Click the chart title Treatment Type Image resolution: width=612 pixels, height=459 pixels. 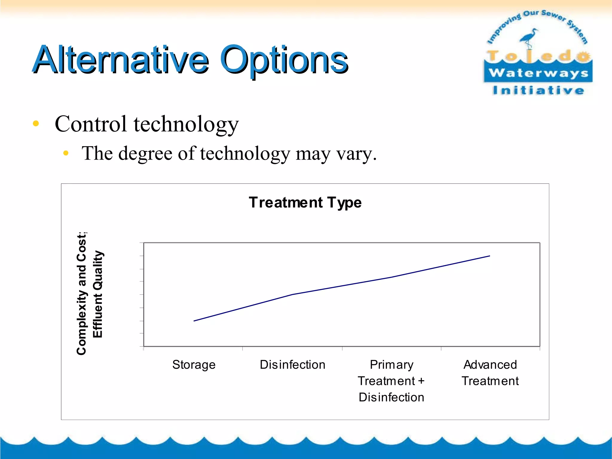(x=305, y=203)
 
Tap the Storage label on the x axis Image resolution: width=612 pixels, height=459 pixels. (x=194, y=365)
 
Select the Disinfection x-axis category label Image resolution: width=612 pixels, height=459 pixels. (x=292, y=365)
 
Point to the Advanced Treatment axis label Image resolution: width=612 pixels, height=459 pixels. (x=490, y=373)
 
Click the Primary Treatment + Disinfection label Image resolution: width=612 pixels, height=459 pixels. (x=391, y=381)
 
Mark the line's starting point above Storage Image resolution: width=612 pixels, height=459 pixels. (x=194, y=321)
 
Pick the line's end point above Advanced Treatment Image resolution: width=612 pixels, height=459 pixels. (x=489, y=256)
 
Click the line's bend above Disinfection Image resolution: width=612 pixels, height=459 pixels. (x=292, y=294)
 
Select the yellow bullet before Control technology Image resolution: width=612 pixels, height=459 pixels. (x=36, y=123)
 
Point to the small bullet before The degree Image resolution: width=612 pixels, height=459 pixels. (x=66, y=153)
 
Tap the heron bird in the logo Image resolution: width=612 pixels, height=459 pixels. (x=529, y=37)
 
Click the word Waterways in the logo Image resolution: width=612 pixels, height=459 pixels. (x=538, y=73)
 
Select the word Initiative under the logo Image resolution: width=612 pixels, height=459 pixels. (x=538, y=90)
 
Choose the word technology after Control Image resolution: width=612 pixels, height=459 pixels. (x=186, y=124)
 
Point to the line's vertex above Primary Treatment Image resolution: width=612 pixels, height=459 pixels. (x=391, y=277)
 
